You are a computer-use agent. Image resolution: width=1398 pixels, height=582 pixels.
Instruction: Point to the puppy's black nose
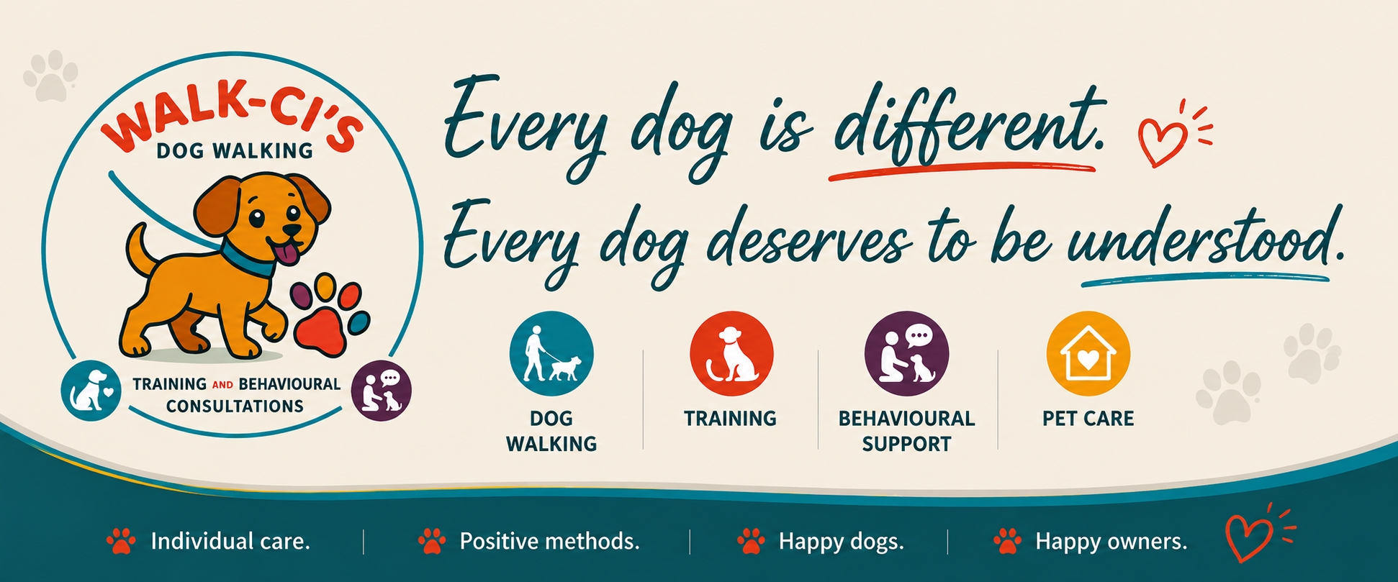coord(292,229)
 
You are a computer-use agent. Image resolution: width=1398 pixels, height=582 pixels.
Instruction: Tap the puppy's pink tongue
coord(288,253)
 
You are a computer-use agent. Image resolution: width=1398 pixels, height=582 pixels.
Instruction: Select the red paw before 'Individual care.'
coord(120,541)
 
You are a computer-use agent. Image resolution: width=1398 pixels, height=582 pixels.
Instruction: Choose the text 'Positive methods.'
coord(549,541)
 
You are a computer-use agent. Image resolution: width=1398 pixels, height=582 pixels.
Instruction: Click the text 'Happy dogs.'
coord(841,541)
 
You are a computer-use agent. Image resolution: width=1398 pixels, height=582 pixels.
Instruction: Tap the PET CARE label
coord(1088,419)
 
